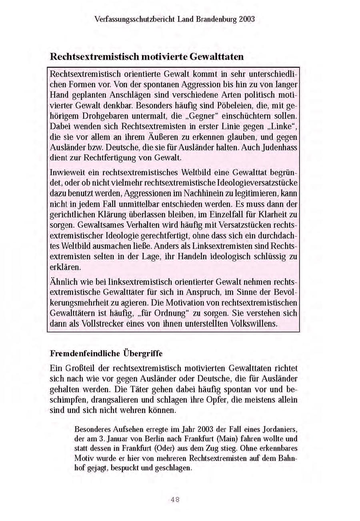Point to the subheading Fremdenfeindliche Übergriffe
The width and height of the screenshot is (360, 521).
coord(106,353)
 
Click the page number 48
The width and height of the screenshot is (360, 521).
coord(175,499)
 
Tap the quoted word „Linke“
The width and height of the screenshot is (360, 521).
coord(284,126)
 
